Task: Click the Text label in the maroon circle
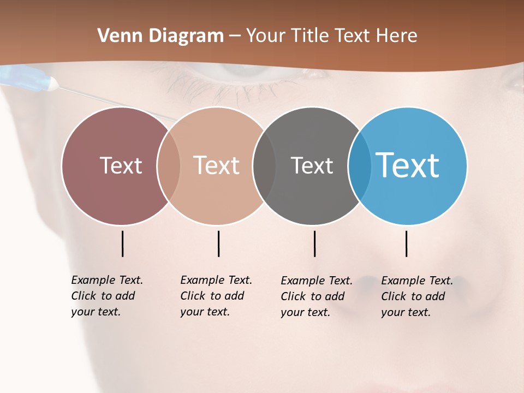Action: [121, 165]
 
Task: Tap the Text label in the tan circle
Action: [217, 165]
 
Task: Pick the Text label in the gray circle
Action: [312, 165]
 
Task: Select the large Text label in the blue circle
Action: [408, 165]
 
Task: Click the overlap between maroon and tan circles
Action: [169, 165]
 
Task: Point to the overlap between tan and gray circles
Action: [264, 165]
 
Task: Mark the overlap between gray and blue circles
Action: [360, 165]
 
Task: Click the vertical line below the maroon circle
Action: [122, 243]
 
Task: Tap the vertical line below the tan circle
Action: [218, 243]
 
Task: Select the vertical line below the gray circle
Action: [314, 243]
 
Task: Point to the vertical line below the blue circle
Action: [406, 243]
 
